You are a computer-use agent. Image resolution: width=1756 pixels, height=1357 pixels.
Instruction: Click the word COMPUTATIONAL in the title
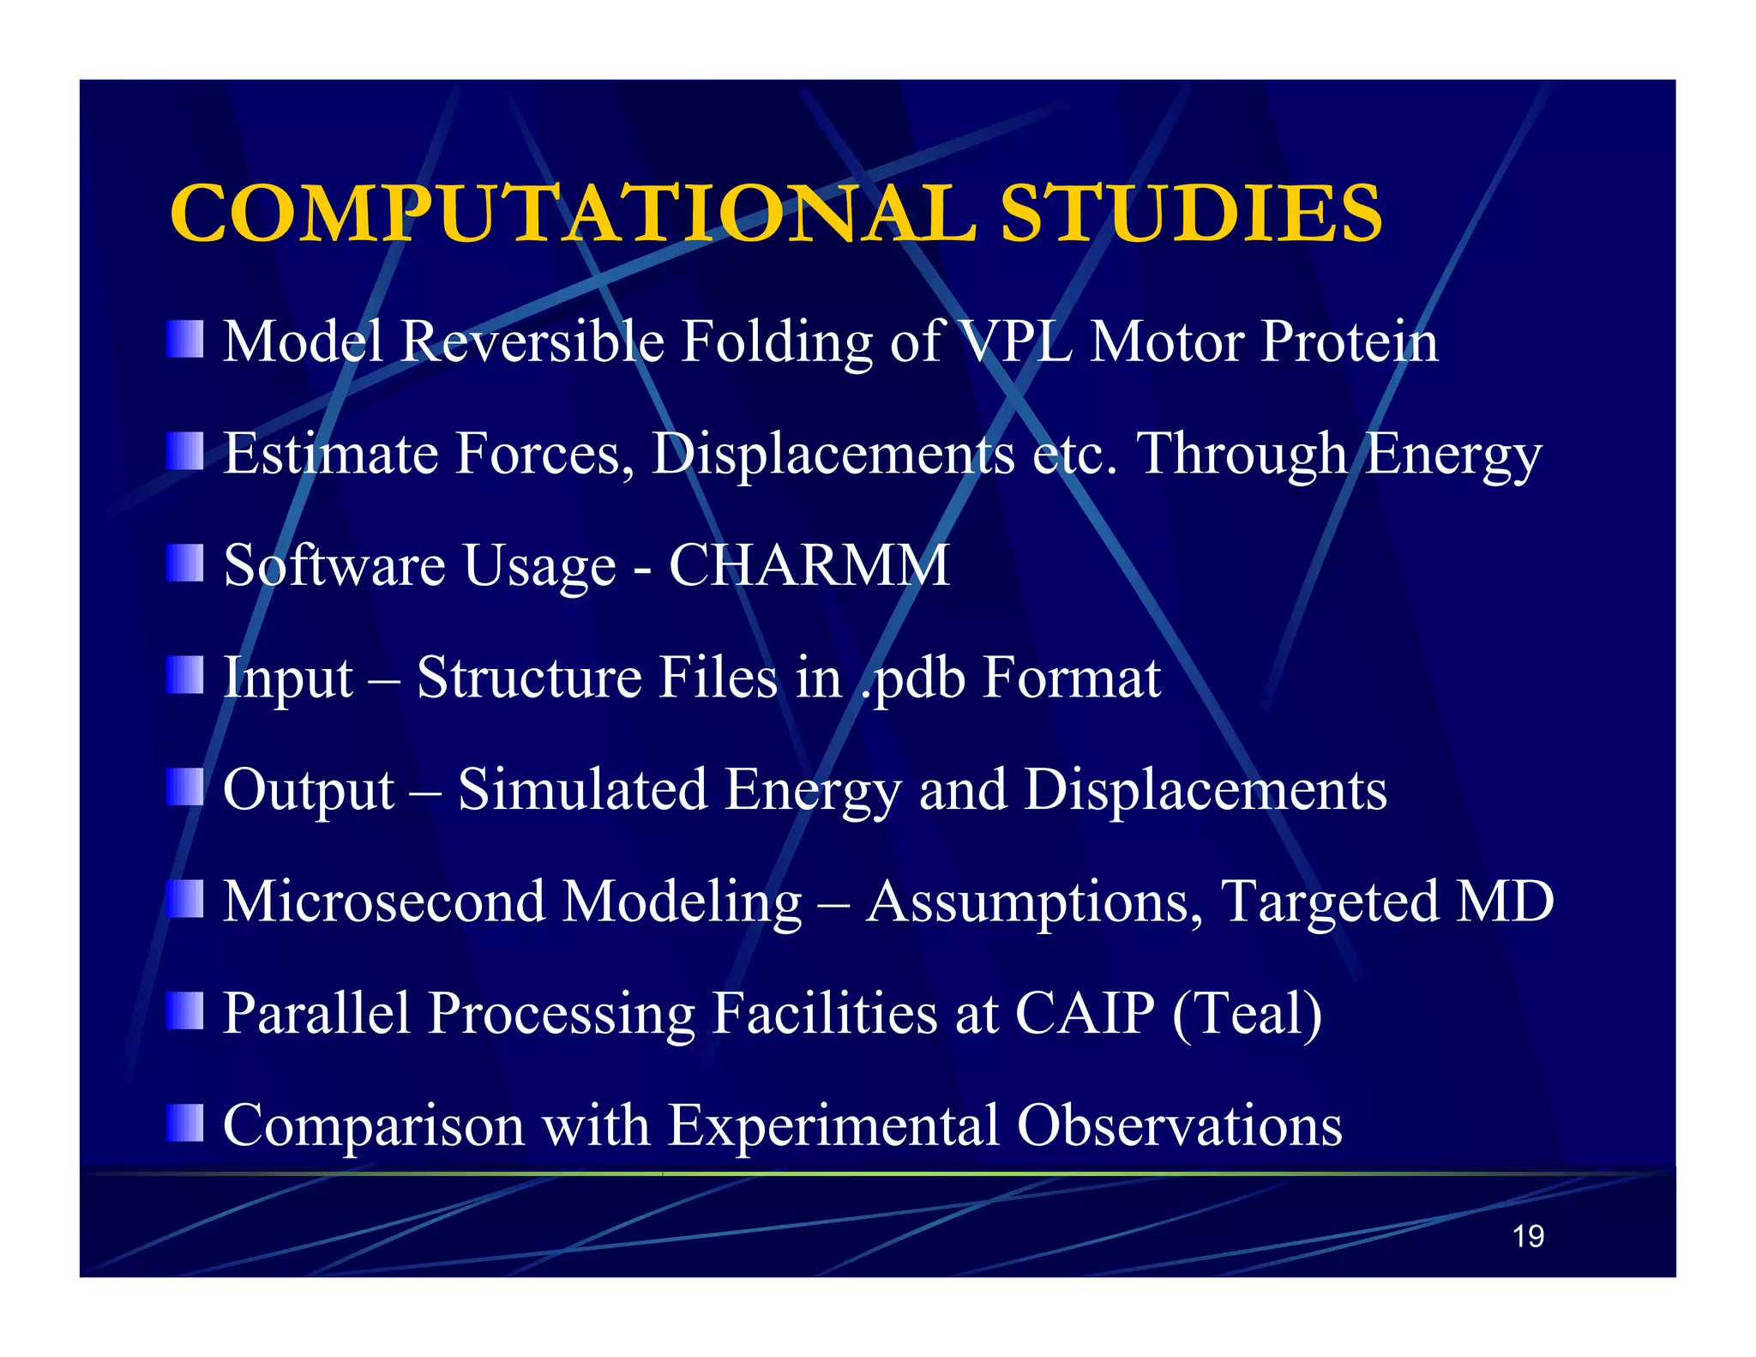click(x=573, y=214)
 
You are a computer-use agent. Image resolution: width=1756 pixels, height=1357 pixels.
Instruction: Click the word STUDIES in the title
click(x=1191, y=214)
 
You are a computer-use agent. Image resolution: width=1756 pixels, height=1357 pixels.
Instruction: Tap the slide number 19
click(x=1528, y=1236)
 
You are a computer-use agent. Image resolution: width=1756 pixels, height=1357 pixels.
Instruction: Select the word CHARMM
click(x=809, y=565)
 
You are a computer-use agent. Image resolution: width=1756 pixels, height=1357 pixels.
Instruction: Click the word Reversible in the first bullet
click(x=532, y=341)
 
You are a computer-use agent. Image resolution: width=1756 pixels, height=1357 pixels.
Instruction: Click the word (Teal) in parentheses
click(x=1247, y=1013)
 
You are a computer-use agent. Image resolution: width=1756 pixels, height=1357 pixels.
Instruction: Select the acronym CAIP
click(x=1085, y=1013)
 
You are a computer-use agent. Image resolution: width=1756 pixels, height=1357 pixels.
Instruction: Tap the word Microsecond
click(x=383, y=902)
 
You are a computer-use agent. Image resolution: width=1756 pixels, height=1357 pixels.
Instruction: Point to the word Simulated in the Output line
click(x=582, y=789)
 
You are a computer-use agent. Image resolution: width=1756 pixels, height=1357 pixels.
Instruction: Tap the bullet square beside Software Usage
click(x=185, y=563)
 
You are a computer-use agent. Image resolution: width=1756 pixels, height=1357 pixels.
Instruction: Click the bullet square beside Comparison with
click(x=185, y=1123)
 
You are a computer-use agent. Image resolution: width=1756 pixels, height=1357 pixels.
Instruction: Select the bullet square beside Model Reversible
click(x=185, y=339)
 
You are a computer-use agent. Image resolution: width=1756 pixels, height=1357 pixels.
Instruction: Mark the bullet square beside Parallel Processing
click(x=185, y=1010)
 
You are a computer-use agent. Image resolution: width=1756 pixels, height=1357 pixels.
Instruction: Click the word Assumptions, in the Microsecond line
click(x=1034, y=902)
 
